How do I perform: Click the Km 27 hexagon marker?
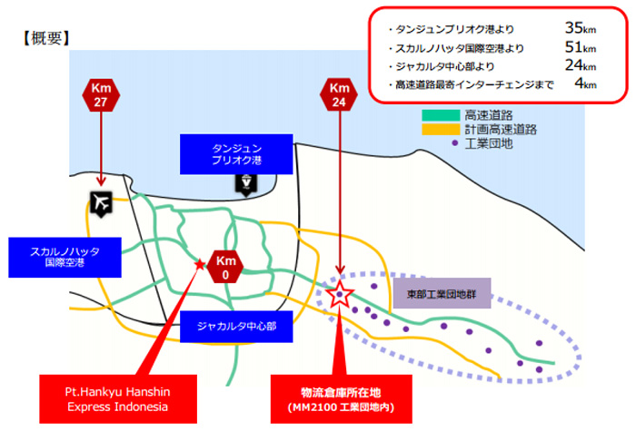click(x=101, y=94)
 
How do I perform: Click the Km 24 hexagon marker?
click(x=339, y=94)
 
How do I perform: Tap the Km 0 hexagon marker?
click(x=225, y=267)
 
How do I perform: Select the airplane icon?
click(x=101, y=204)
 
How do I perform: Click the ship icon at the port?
click(x=246, y=184)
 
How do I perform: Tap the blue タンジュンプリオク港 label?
click(x=236, y=154)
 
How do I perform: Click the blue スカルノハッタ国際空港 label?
click(x=65, y=257)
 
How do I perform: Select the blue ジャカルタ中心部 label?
click(x=236, y=327)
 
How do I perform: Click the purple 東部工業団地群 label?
click(x=442, y=293)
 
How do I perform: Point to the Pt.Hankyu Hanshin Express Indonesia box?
click(x=118, y=399)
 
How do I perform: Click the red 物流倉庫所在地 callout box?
click(x=341, y=399)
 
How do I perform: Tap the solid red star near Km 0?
click(x=200, y=265)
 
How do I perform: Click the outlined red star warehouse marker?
click(x=340, y=294)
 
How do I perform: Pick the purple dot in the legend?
click(x=455, y=143)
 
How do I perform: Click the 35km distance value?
click(x=581, y=28)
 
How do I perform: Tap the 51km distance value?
click(x=581, y=47)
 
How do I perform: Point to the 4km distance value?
click(x=586, y=83)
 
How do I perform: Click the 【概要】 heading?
click(x=46, y=38)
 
